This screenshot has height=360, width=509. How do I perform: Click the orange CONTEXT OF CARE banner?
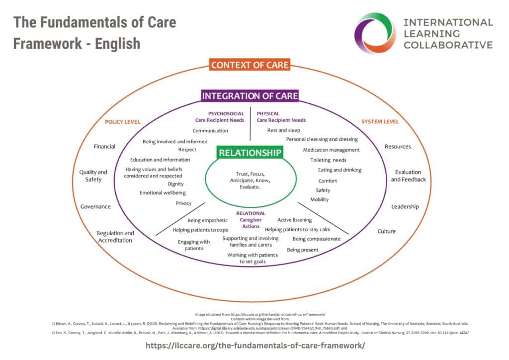click(x=250, y=65)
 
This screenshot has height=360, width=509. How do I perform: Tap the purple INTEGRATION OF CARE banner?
click(x=250, y=96)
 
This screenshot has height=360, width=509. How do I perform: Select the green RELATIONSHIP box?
click(x=250, y=153)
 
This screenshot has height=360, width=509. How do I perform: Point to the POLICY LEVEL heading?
click(x=122, y=122)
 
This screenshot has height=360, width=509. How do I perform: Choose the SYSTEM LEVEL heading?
click(x=380, y=122)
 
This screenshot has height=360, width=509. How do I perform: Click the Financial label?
click(x=104, y=147)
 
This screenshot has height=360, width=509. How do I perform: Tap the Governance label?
click(x=95, y=206)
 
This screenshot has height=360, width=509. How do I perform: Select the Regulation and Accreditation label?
click(x=115, y=237)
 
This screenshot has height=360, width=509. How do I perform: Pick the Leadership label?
click(x=405, y=206)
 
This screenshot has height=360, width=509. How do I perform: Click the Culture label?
click(x=386, y=231)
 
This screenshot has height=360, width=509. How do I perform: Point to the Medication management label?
click(x=331, y=150)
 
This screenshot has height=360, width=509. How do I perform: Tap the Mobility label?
click(x=320, y=199)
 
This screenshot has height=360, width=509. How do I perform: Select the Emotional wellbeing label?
click(x=163, y=192)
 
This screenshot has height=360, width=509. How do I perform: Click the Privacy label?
click(x=183, y=203)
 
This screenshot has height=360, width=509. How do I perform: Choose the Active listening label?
click(x=294, y=220)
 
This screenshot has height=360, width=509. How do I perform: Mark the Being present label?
click(x=302, y=250)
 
